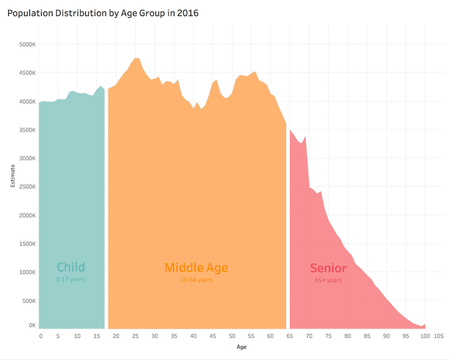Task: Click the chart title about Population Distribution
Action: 103,13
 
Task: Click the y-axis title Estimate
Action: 13,175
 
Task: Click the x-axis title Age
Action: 242,347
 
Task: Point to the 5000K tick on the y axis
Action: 27,45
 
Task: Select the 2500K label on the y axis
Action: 27,187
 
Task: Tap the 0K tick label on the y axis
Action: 32,325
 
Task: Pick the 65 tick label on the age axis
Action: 290,336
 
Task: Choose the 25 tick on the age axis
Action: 135,336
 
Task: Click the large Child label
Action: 71,267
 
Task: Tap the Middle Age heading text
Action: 196,268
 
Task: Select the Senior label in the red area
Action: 328,269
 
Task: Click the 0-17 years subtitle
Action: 71,279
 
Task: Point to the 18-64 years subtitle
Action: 196,280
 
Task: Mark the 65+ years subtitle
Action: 328,280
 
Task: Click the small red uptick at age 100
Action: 425,324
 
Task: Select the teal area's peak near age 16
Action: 101,86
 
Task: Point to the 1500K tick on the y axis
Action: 27,244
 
